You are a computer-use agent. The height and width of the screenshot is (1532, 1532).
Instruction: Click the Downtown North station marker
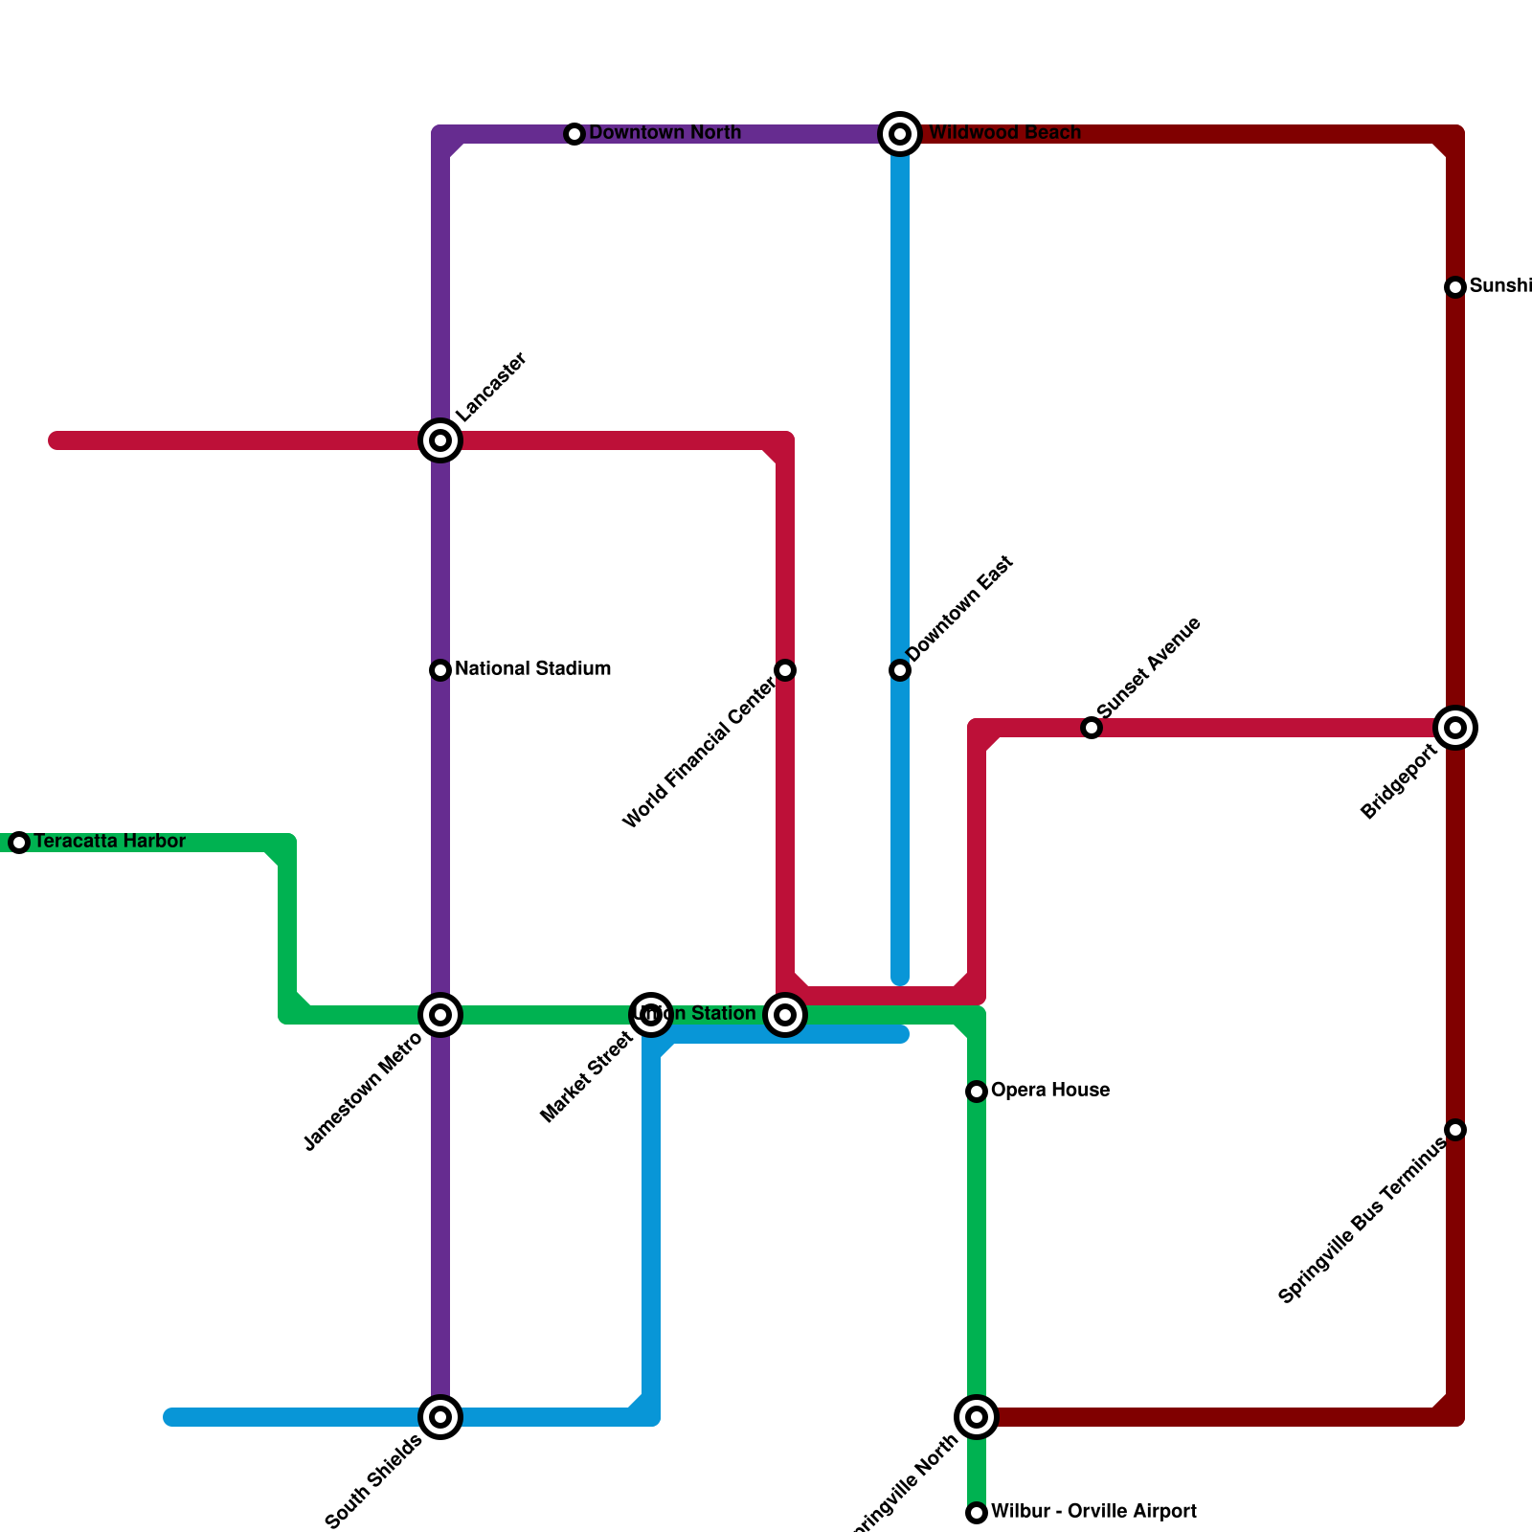(574, 134)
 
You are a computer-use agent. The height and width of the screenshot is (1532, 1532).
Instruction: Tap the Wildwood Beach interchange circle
(900, 134)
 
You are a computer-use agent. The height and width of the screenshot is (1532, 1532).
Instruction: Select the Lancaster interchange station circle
(440, 440)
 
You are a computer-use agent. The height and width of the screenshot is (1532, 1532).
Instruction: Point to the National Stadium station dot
(440, 670)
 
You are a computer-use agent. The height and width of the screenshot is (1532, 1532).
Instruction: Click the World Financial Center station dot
(785, 670)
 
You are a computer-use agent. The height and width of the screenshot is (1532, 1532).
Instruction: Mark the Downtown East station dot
(900, 670)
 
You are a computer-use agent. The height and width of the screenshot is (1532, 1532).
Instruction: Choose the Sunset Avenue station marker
(1092, 728)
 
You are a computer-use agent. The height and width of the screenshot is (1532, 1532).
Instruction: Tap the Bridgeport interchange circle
(1455, 728)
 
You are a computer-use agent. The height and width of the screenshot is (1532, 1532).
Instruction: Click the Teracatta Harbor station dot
(19, 843)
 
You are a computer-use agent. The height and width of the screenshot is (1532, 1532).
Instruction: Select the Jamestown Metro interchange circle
(440, 1015)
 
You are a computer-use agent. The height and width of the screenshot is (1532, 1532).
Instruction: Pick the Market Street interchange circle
(651, 1015)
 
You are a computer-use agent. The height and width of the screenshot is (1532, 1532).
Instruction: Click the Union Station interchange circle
(785, 1015)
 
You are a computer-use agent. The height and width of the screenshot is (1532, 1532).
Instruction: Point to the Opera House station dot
(977, 1092)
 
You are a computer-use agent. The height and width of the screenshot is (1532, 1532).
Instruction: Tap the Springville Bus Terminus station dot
(1455, 1130)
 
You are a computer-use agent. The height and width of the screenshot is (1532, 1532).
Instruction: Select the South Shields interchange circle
(440, 1417)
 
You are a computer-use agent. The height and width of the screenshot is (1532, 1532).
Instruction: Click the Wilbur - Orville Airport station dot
(977, 1513)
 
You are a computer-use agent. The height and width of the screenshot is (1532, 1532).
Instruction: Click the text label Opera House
(1050, 1091)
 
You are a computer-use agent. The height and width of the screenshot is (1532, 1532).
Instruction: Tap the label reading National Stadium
(532, 669)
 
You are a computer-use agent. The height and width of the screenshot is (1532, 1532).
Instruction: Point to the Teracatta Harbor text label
(109, 842)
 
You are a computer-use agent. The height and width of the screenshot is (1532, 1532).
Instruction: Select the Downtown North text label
(665, 133)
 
